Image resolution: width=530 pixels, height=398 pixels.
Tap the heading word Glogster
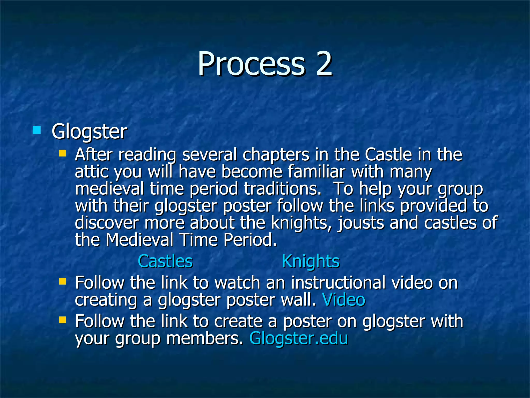point(89,132)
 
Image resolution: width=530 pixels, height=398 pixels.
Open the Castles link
point(165,261)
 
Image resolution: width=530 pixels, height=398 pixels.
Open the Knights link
point(310,261)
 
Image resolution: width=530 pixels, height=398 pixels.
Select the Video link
point(343,300)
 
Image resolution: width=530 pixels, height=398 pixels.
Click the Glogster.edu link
point(298,338)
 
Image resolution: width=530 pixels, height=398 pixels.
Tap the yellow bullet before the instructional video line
point(62,281)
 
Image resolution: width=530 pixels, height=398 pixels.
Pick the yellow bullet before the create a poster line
point(62,320)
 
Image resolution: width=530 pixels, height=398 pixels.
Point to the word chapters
point(276,155)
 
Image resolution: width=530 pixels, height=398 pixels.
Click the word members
point(204,338)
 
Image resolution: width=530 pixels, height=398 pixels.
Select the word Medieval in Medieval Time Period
point(139,240)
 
